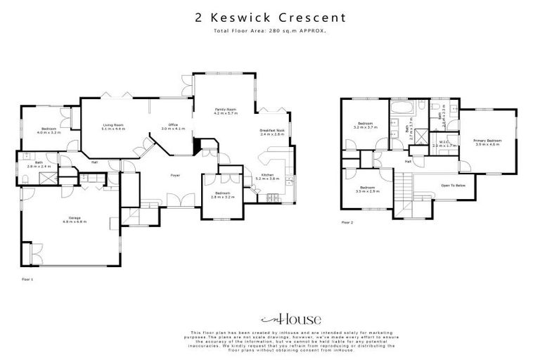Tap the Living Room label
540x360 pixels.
tap(113, 126)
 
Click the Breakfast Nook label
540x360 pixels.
tap(271, 130)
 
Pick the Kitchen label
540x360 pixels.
tap(267, 175)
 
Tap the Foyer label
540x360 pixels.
tap(176, 175)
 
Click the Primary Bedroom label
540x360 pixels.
tap(487, 141)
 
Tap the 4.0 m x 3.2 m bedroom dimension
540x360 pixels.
tap(49, 132)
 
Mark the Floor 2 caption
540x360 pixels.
tap(347, 221)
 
